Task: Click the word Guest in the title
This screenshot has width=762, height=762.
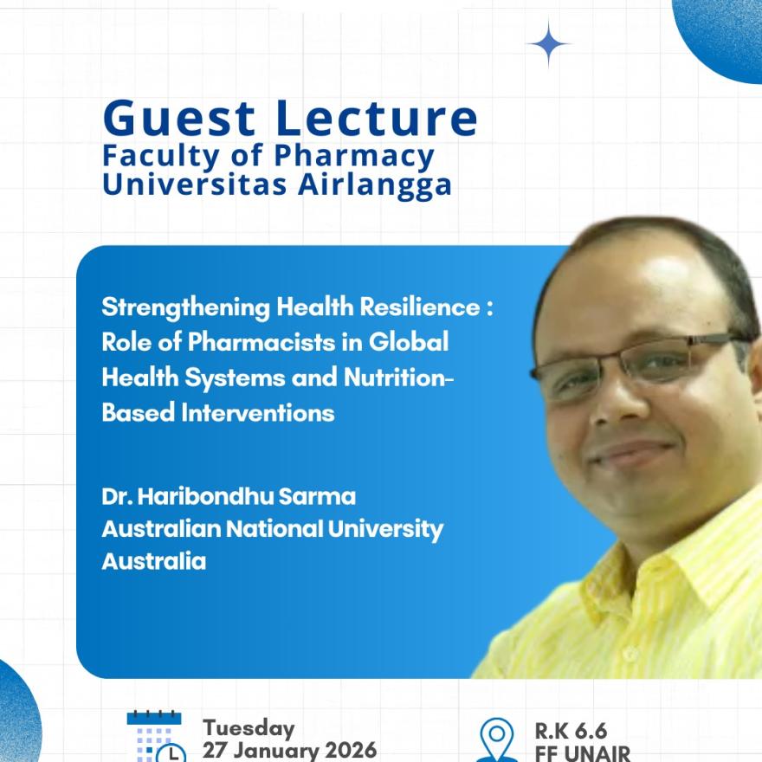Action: click(x=179, y=118)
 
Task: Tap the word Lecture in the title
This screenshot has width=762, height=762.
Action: click(x=378, y=118)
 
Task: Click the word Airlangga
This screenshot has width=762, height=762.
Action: click(x=375, y=185)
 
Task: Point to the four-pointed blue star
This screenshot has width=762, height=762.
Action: click(x=549, y=44)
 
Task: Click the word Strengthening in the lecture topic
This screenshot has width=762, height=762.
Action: click(x=185, y=308)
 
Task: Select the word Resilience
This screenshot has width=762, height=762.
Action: click(x=420, y=307)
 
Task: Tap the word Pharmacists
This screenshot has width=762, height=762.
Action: click(x=262, y=342)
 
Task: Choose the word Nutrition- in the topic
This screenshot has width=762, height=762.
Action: click(x=398, y=378)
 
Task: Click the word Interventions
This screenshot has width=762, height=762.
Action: click(x=258, y=413)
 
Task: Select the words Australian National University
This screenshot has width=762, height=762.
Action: click(x=272, y=530)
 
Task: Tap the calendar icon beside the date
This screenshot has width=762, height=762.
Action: click(x=156, y=737)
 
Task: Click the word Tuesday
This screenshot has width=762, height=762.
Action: click(x=249, y=728)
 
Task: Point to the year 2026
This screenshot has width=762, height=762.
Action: click(x=351, y=750)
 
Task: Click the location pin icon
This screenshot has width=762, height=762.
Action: click(x=496, y=740)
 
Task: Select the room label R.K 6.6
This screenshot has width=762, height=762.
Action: click(x=571, y=731)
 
